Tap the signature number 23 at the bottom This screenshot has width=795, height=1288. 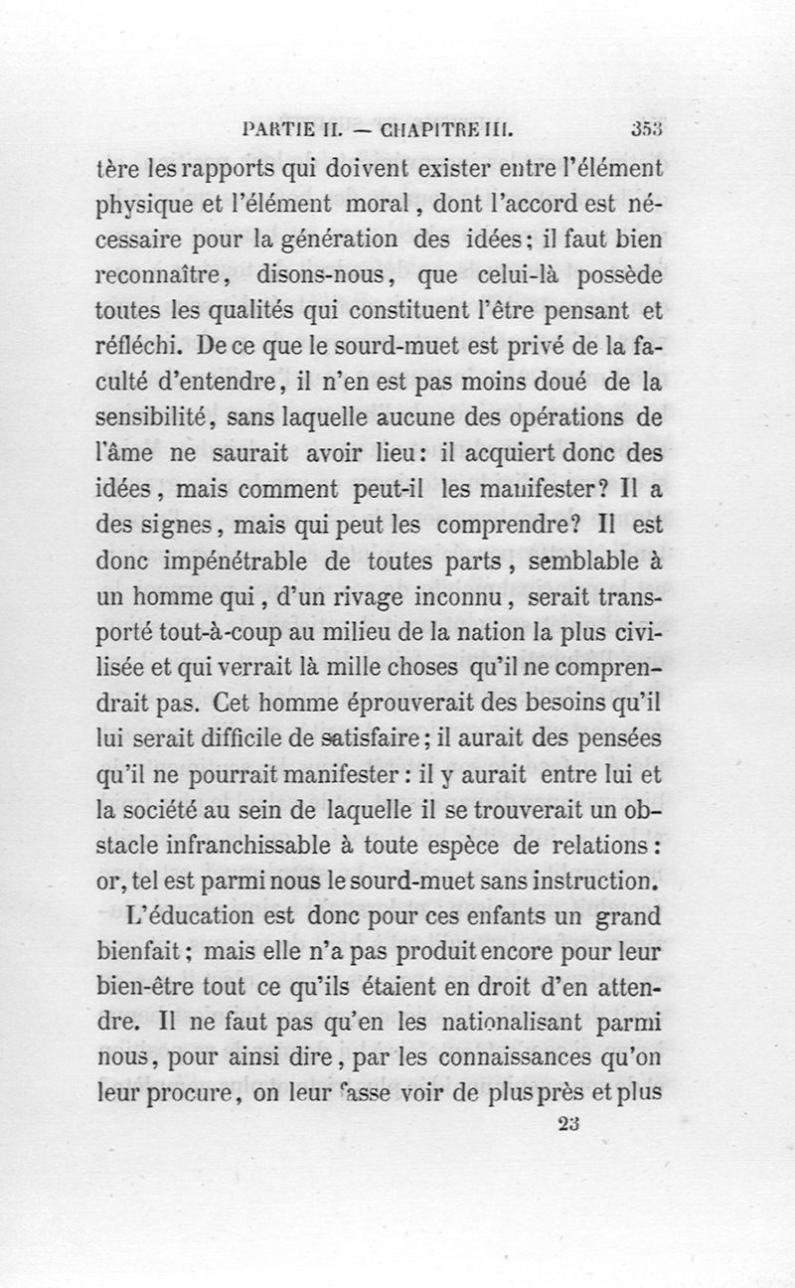point(569,1123)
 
